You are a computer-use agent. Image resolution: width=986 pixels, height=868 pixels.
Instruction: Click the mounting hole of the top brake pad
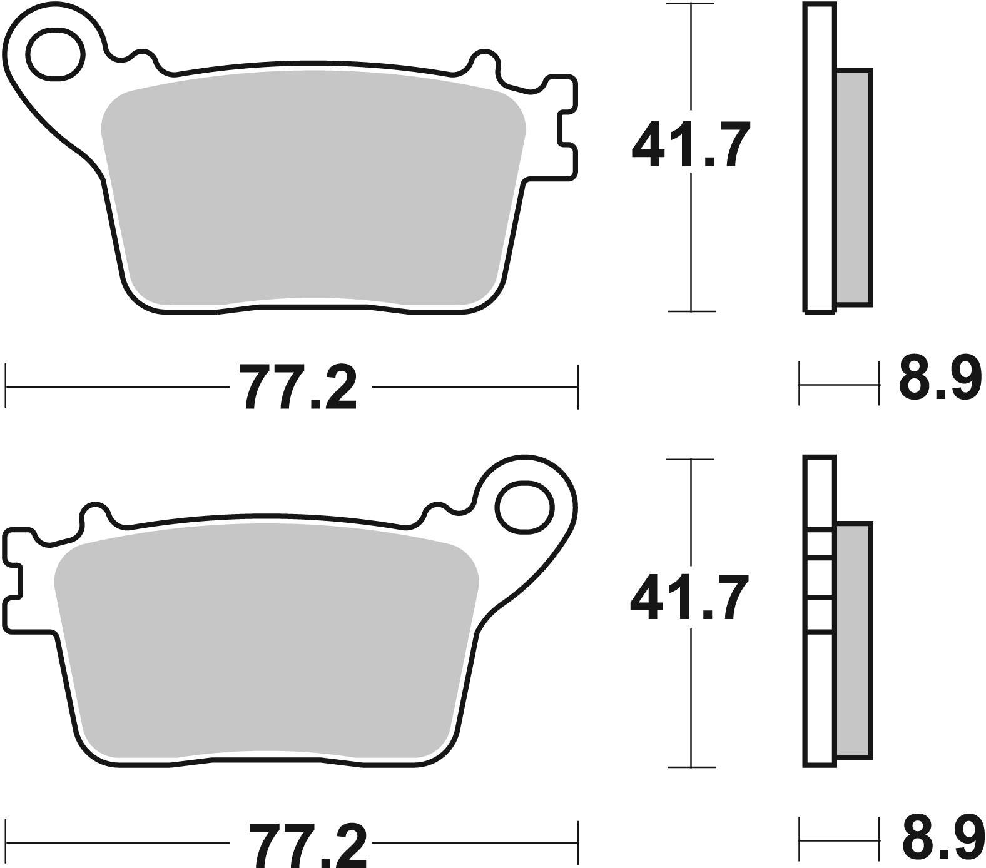(x=56, y=54)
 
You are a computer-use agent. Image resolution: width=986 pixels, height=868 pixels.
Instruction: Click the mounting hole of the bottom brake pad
(x=524, y=507)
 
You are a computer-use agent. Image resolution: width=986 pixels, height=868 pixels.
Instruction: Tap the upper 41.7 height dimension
(x=690, y=146)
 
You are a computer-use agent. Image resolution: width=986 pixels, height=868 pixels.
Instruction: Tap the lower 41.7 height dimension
(x=690, y=599)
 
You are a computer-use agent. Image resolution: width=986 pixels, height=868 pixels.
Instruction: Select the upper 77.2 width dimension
(x=300, y=387)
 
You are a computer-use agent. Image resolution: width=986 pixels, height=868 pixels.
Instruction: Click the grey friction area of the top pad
(x=313, y=188)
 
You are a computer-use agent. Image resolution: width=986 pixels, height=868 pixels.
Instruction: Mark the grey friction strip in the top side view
(x=853, y=188)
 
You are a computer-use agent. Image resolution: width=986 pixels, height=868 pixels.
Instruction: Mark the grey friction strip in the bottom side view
(x=853, y=641)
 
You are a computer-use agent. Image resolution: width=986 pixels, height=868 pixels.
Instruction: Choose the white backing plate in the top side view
(x=820, y=156)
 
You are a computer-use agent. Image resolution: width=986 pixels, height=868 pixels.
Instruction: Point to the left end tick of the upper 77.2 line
(x=6, y=387)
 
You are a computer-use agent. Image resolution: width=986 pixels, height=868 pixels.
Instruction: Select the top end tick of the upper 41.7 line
(x=690, y=5)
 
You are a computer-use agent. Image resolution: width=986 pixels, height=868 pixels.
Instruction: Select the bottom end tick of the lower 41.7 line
(x=690, y=767)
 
